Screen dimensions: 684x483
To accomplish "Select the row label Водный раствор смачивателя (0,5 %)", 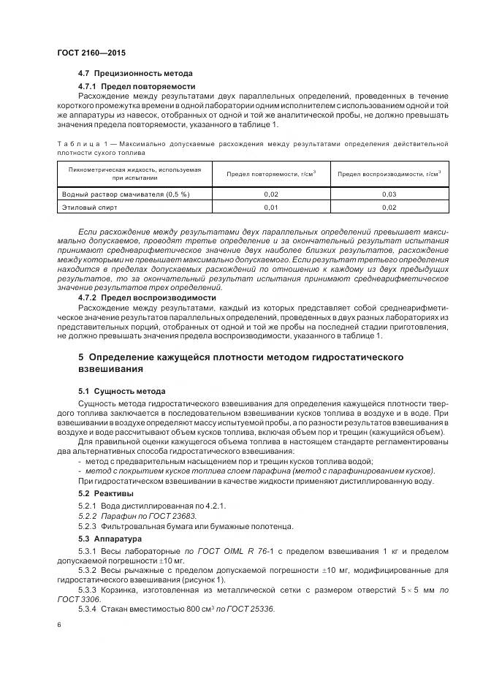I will coord(126,194).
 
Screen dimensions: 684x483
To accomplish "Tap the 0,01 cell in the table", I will coord(270,208).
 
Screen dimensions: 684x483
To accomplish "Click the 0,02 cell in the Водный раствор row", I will coord(270,194).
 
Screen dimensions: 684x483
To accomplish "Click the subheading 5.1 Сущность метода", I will coord(122,391).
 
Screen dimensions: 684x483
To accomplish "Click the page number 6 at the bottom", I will coord(58,625).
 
